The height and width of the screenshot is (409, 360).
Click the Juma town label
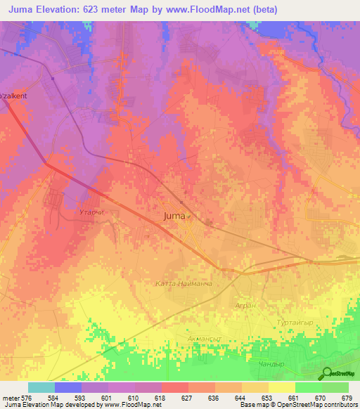coord(176,216)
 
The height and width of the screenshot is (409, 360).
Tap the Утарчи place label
coord(91,210)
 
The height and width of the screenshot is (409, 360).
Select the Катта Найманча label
coord(183,284)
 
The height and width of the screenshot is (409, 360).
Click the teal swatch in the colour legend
coord(41,387)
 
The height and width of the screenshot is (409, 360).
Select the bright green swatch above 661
coord(308,387)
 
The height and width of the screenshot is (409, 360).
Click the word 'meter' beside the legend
coord(11,397)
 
